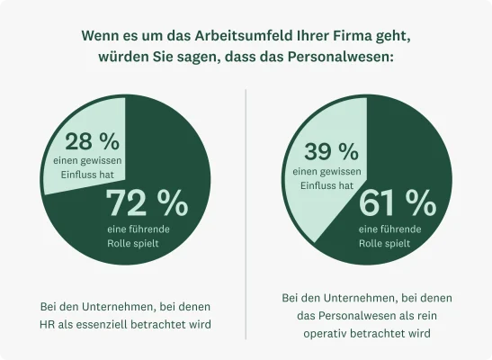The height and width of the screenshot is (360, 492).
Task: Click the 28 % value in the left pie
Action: tap(93, 141)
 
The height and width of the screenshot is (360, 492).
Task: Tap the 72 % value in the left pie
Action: tap(148, 204)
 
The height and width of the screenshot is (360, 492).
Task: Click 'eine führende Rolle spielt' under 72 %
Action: tap(145, 236)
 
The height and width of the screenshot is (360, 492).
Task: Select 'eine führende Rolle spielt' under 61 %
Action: tap(391, 236)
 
